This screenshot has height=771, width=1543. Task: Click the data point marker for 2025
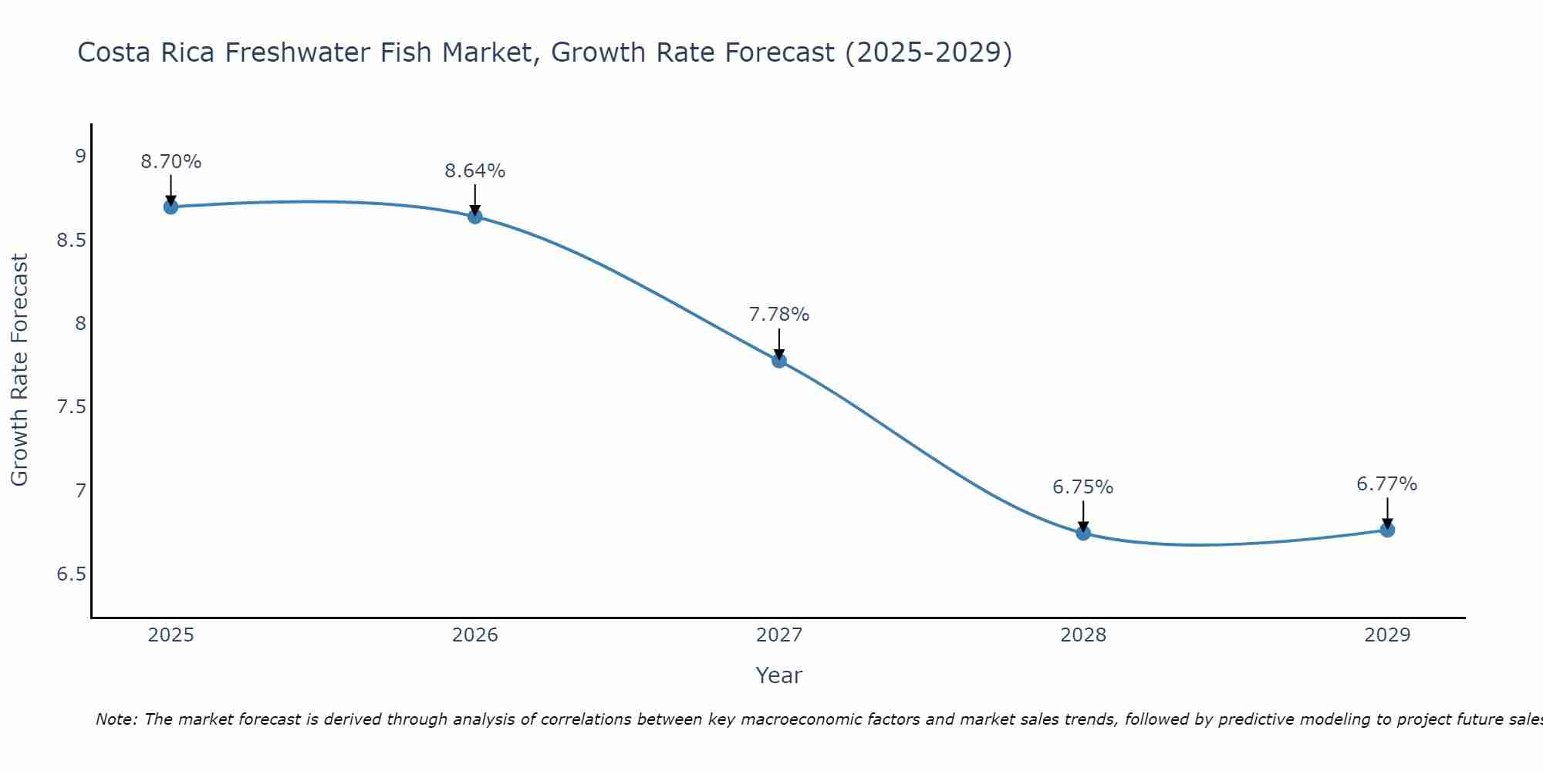point(171,207)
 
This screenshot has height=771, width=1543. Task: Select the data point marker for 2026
point(475,217)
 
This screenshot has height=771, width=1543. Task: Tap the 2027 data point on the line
point(779,360)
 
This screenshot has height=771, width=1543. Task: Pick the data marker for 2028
point(1083,533)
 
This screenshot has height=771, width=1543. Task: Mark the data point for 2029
point(1387,530)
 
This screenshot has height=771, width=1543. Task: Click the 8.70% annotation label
point(171,162)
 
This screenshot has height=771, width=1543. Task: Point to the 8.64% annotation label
point(475,171)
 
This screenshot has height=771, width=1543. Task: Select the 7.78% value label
point(779,315)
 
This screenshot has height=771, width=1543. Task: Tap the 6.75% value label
point(1083,487)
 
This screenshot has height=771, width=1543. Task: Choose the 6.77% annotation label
point(1387,484)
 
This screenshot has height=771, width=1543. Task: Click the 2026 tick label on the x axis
point(475,635)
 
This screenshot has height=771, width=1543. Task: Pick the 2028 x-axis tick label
point(1083,635)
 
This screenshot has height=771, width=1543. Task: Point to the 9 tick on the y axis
point(80,157)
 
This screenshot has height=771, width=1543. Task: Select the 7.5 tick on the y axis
point(71,407)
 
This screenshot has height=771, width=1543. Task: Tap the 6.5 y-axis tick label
point(71,574)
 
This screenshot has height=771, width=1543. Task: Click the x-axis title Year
point(779,675)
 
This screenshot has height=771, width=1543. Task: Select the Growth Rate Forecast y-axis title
point(19,370)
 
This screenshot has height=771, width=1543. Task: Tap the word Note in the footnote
point(116,719)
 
